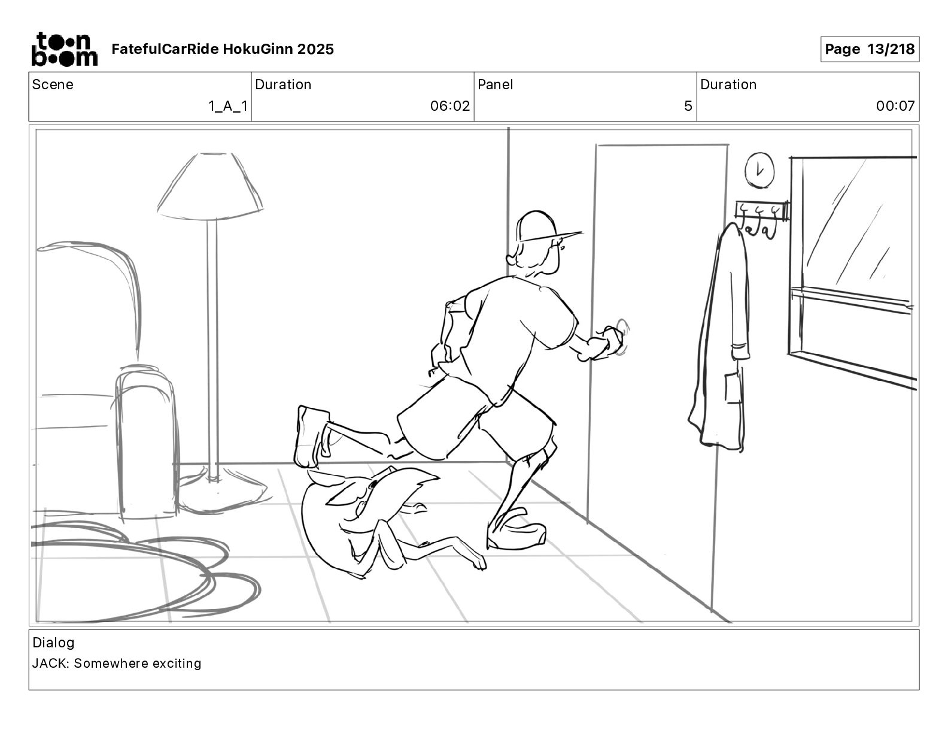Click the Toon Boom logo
65,49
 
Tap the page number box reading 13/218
870,49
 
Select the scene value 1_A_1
228,106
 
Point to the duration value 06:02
450,106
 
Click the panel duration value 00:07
895,106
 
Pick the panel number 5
688,106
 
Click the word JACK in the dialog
48,663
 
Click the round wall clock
759,170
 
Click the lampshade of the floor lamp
210,186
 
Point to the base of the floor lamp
223,493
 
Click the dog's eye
373,484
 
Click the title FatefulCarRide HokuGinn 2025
223,49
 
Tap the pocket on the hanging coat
733,386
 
